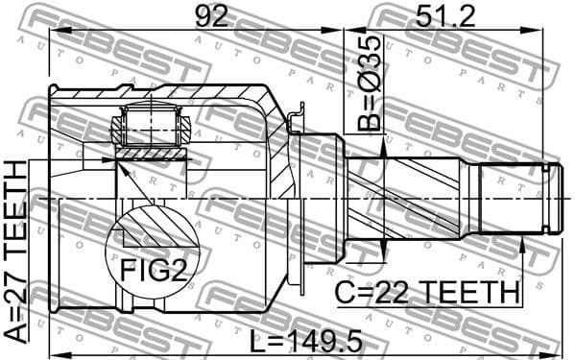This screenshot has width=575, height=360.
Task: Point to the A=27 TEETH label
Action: tap(16, 252)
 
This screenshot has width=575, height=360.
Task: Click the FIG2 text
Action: tap(153, 272)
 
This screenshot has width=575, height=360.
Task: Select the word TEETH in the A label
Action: tap(16, 206)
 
